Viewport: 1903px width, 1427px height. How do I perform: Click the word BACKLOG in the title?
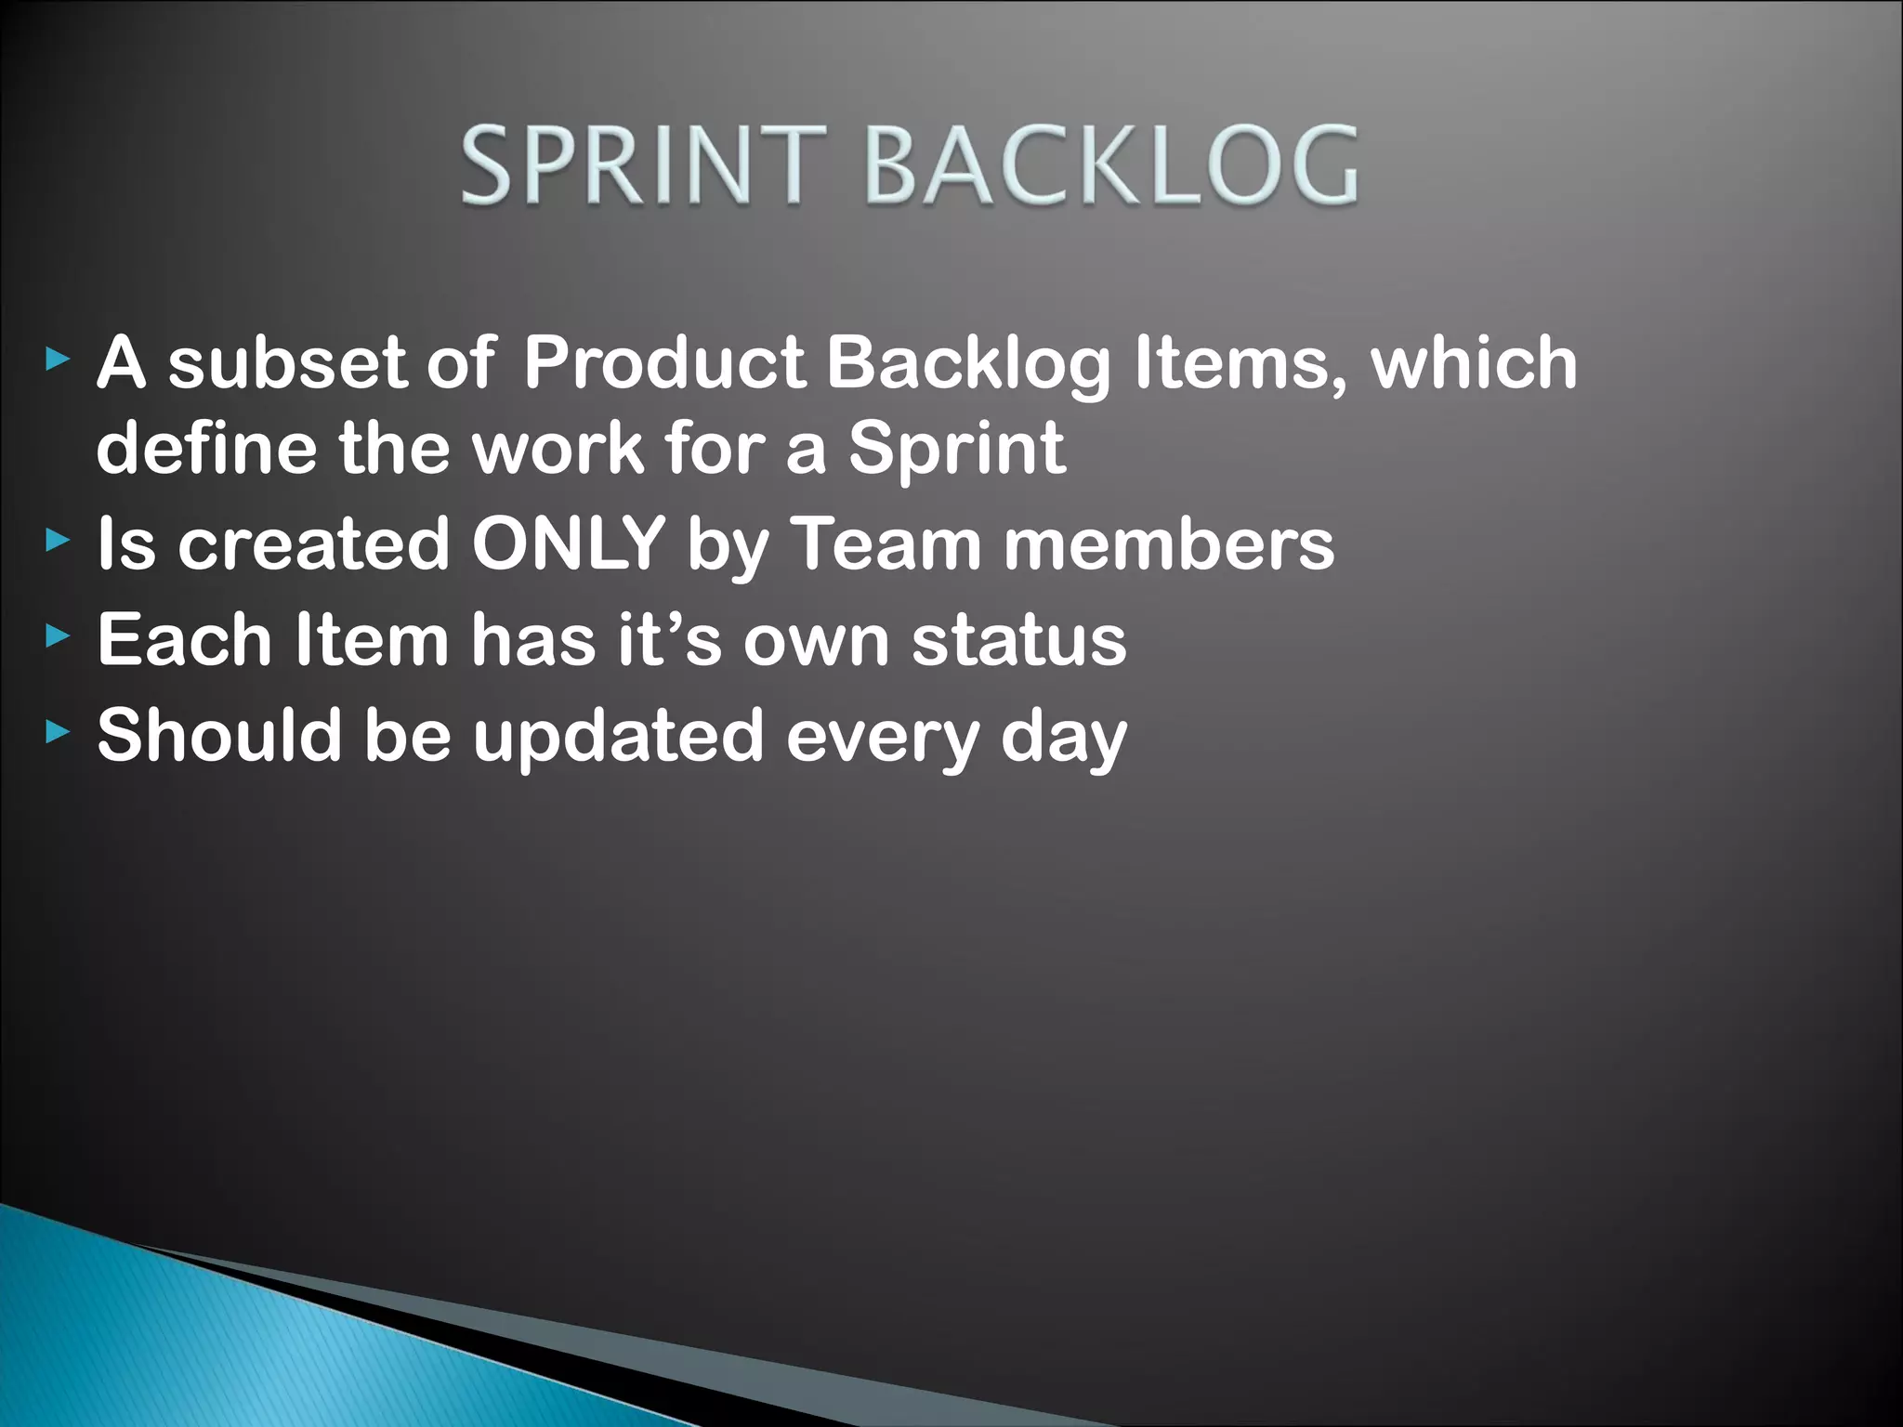[x=1112, y=167]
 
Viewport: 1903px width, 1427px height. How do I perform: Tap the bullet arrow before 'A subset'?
[x=58, y=359]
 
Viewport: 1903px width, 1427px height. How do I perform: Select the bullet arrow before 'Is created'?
[x=58, y=540]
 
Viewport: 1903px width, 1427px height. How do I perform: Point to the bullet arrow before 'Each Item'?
[x=58, y=636]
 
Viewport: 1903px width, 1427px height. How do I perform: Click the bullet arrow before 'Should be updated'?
[x=58, y=733]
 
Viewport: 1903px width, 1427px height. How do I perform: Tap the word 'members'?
[x=1169, y=543]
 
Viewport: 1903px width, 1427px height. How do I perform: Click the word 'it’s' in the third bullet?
[x=670, y=640]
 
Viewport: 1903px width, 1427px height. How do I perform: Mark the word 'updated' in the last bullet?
[x=618, y=737]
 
